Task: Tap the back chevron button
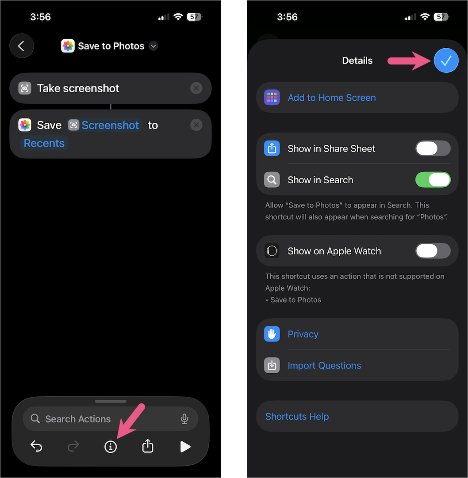click(x=21, y=46)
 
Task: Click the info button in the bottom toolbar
click(x=111, y=447)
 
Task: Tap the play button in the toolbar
click(x=185, y=447)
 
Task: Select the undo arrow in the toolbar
click(x=36, y=447)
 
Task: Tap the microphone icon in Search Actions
click(x=184, y=419)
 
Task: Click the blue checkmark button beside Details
click(x=446, y=61)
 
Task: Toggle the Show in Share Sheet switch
click(x=433, y=148)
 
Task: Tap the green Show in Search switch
click(x=433, y=180)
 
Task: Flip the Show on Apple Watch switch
click(x=433, y=251)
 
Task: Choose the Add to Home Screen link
click(x=332, y=98)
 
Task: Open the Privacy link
click(x=303, y=334)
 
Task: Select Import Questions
click(x=324, y=365)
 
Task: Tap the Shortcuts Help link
click(x=297, y=417)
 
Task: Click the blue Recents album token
click(x=44, y=143)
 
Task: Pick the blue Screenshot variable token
click(x=104, y=125)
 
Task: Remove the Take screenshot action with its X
click(x=196, y=88)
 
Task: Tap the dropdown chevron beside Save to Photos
click(x=153, y=46)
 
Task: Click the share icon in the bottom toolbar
click(x=148, y=446)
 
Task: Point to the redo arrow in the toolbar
click(x=73, y=447)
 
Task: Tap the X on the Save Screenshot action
click(x=196, y=125)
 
